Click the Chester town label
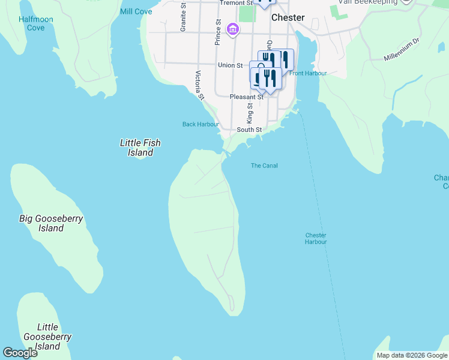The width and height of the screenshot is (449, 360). (x=288, y=18)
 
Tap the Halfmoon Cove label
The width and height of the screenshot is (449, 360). (x=35, y=23)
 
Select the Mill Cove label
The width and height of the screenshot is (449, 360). (x=136, y=11)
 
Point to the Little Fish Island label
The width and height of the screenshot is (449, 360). (x=140, y=148)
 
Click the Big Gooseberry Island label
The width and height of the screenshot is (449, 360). (x=51, y=223)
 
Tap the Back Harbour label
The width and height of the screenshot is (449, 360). (x=200, y=124)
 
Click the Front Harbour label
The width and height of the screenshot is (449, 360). (x=308, y=73)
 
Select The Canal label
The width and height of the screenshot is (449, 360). (x=264, y=166)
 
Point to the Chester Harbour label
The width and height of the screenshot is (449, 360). (x=316, y=238)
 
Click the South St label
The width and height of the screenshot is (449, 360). (x=249, y=130)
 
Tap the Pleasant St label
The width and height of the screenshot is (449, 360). (x=247, y=97)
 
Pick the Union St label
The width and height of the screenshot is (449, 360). (x=230, y=65)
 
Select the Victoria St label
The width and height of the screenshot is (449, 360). (x=200, y=85)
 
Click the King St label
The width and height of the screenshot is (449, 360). (x=250, y=112)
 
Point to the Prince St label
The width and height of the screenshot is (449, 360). (x=218, y=33)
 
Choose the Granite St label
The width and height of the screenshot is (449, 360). (x=183, y=20)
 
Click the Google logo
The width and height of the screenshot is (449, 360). (x=20, y=353)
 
